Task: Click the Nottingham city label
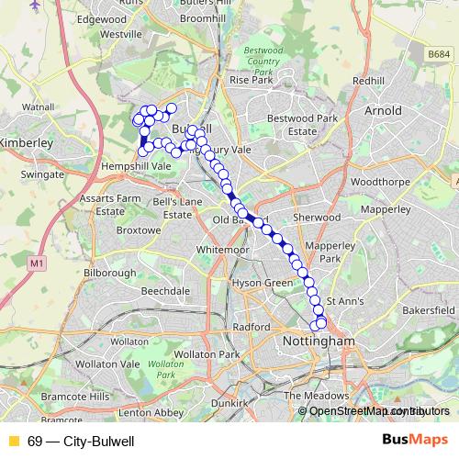315,341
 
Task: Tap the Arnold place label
383,111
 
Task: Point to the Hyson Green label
261,284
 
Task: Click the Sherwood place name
316,218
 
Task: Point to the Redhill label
368,81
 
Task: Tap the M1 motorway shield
37,264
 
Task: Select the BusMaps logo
415,441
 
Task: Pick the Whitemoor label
223,250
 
